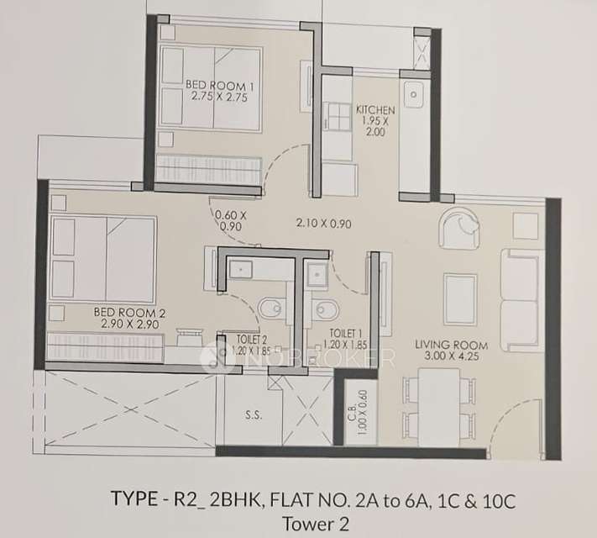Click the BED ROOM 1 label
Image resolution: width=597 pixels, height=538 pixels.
tap(218, 86)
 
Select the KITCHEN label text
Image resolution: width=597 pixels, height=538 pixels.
tap(370, 110)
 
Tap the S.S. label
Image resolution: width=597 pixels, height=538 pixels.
tap(252, 414)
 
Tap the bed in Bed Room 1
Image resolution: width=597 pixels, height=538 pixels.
tap(211, 89)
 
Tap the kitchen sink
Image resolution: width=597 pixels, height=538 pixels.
tap(414, 95)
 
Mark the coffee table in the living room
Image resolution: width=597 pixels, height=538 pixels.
tap(460, 298)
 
